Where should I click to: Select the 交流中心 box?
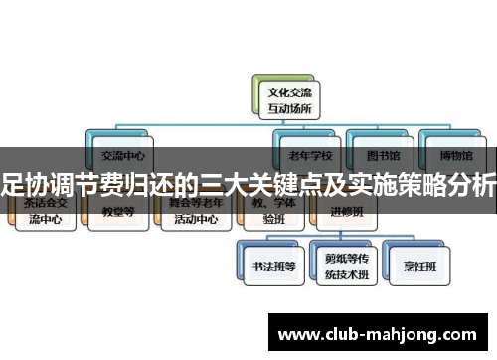122,151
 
